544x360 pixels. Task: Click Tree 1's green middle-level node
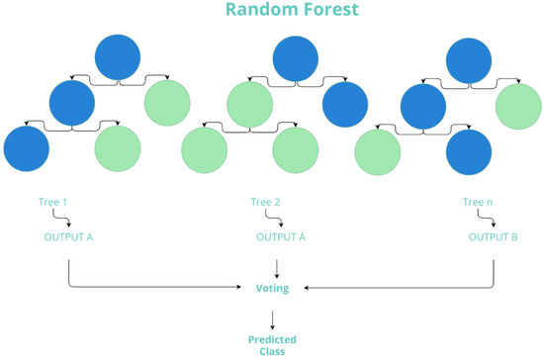coord(167,102)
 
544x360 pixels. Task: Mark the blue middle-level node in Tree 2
coord(345,102)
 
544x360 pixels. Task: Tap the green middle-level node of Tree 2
coord(249,102)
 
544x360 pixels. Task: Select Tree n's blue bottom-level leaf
coord(470,153)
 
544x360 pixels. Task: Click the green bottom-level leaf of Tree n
coord(378,153)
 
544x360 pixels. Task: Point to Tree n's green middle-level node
coord(518,106)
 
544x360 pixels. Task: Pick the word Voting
coord(277,287)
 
